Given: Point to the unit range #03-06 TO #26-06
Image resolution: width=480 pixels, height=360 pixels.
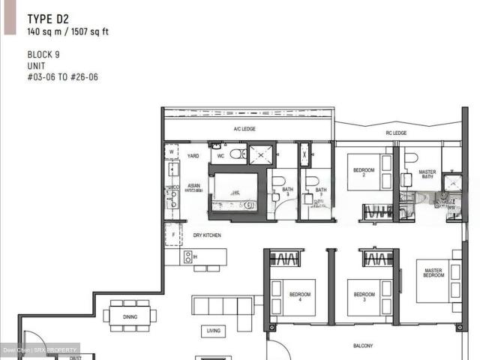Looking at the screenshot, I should point(62,76).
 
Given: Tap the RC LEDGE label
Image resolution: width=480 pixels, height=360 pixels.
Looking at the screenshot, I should point(396,133).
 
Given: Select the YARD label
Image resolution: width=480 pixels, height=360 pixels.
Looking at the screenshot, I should point(193,156).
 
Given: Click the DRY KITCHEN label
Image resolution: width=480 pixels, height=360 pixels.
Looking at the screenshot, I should point(206,235).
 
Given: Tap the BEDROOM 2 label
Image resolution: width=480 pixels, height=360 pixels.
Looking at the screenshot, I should point(364,172).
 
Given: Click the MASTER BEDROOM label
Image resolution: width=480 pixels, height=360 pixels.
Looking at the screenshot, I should point(433,273).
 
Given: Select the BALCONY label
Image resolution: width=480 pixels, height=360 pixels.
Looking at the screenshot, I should point(363,346).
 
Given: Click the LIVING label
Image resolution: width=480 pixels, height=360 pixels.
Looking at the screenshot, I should point(213,330).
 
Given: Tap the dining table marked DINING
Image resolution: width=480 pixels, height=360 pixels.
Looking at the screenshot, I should point(130,316).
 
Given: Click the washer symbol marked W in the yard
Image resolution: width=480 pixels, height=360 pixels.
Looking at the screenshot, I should point(171,151).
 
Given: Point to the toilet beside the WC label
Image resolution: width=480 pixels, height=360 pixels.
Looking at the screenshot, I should point(236,155).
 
